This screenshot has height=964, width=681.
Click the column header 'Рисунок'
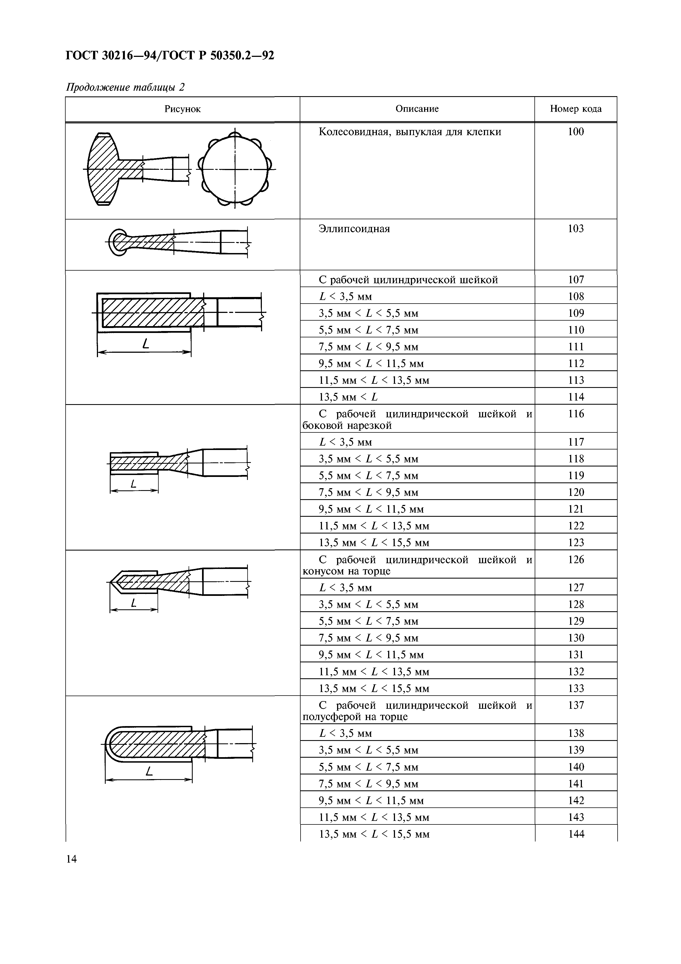coord(183,109)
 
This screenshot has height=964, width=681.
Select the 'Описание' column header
coord(417,109)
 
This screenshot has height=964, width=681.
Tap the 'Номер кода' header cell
coord(575,109)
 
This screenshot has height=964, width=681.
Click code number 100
coord(575,132)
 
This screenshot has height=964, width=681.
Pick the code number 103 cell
coord(575,229)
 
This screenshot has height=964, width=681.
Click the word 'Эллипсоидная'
coord(354,229)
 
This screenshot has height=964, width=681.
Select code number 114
coord(576,397)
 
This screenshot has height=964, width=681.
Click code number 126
coord(576,560)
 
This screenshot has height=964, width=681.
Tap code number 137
coord(576,705)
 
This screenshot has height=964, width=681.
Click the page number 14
coord(71,859)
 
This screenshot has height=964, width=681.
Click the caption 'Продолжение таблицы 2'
coord(125,87)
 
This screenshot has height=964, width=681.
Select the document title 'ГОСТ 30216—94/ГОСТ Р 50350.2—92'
coord(170,55)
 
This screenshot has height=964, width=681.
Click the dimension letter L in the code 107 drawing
coord(145,344)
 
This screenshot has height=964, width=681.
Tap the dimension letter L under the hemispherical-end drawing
coord(149,771)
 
